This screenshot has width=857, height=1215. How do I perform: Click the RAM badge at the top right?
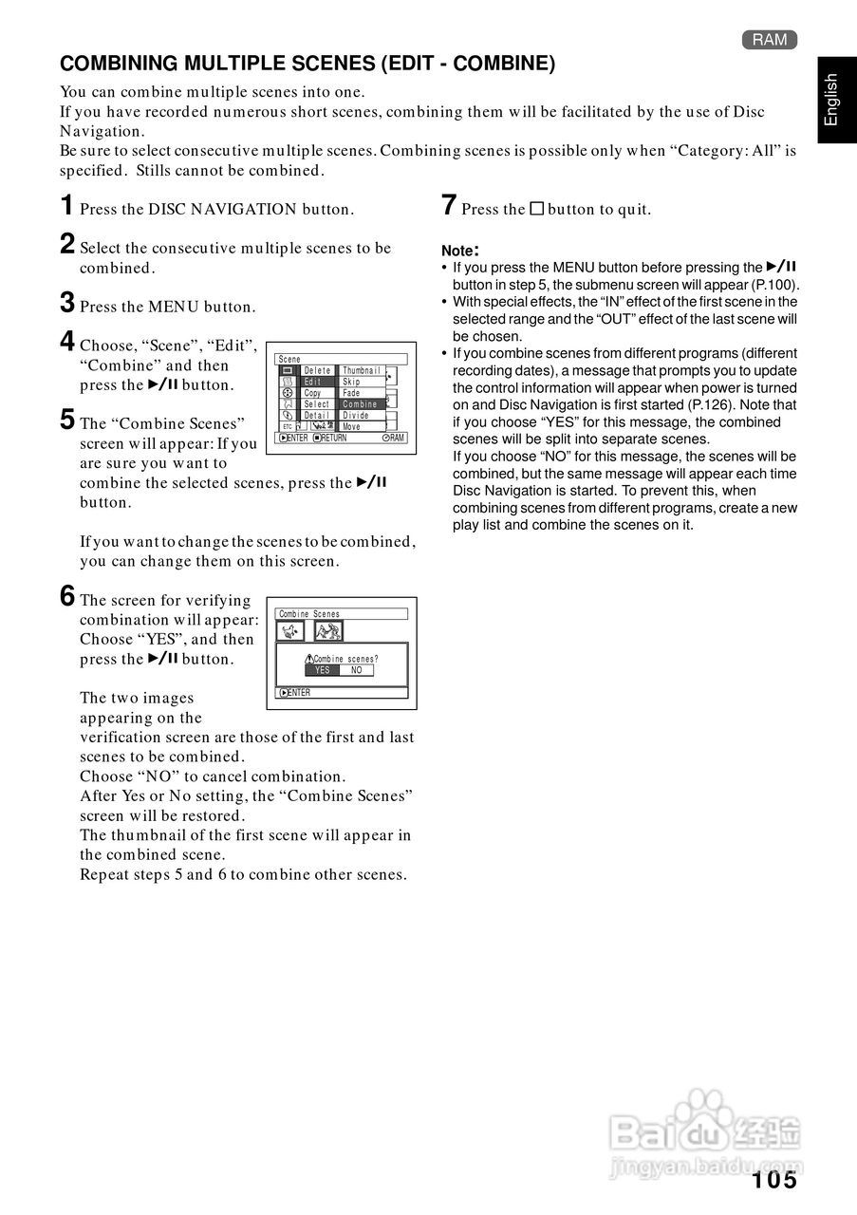[x=770, y=40]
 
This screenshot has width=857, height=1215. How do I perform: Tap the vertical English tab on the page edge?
[x=831, y=100]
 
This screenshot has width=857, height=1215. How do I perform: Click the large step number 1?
[x=66, y=205]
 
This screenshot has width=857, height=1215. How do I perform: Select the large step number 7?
[x=450, y=205]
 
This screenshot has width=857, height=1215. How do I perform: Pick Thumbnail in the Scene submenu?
[x=362, y=370]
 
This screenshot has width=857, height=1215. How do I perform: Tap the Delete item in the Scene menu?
[x=317, y=370]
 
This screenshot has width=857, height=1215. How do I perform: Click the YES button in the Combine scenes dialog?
[x=322, y=670]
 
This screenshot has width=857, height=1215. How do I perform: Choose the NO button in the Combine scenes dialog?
[x=356, y=670]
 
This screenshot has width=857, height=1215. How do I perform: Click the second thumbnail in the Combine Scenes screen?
[x=328, y=630]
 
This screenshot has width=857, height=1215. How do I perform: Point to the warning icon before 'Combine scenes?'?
[x=309, y=659]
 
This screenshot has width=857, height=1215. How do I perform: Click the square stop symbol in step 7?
[x=536, y=209]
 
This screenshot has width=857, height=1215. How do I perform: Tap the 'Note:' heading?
[x=460, y=251]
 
